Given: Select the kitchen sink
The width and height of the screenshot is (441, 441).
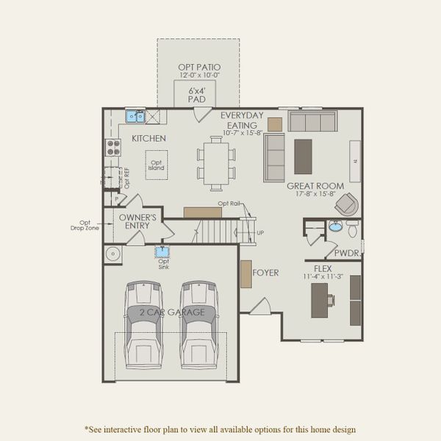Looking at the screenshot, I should coord(135,116).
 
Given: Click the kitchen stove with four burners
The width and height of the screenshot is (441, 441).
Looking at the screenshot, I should coord(113,147).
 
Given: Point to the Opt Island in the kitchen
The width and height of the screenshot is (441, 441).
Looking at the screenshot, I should coord(156,165).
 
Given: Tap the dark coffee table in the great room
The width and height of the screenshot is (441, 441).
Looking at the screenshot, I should coord(303,156).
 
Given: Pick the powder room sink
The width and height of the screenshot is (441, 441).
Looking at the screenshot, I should coord(335,226).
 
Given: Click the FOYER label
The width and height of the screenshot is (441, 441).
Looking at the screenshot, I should coord(265,273).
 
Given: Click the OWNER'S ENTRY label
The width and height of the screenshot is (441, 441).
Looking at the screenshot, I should coord(137,221).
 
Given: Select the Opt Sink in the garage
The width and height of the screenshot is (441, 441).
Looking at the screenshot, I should coord(162,253).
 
